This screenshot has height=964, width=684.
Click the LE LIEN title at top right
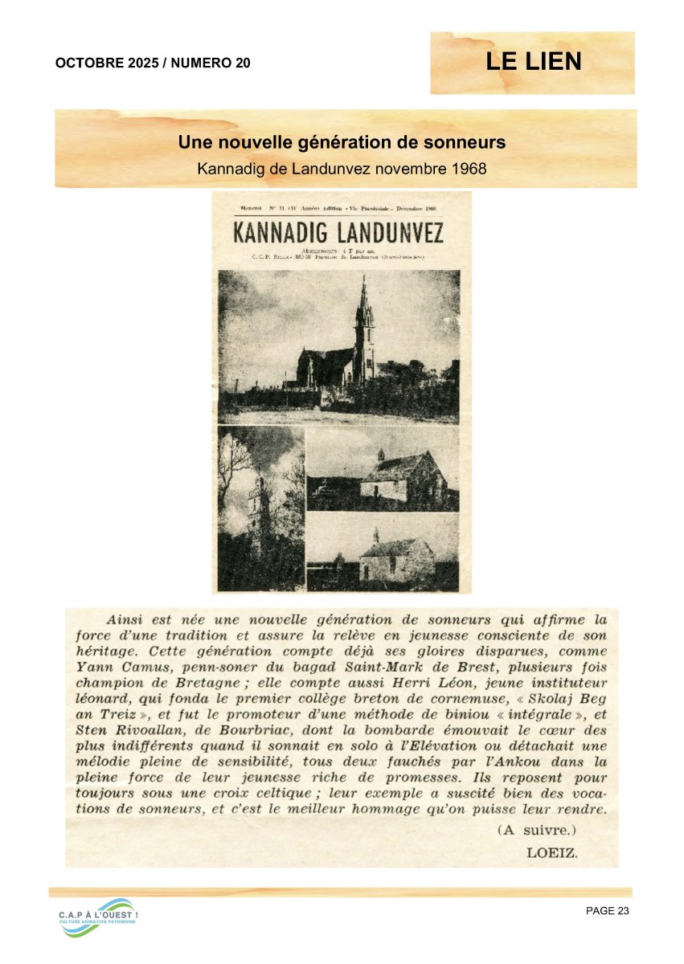click(533, 62)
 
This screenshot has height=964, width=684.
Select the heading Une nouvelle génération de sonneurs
click(342, 143)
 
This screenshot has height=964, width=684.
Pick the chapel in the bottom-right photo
click(395, 558)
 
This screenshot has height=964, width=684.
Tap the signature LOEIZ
click(551, 852)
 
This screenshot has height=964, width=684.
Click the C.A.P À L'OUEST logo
click(97, 917)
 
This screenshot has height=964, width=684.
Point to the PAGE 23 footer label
click(607, 910)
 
